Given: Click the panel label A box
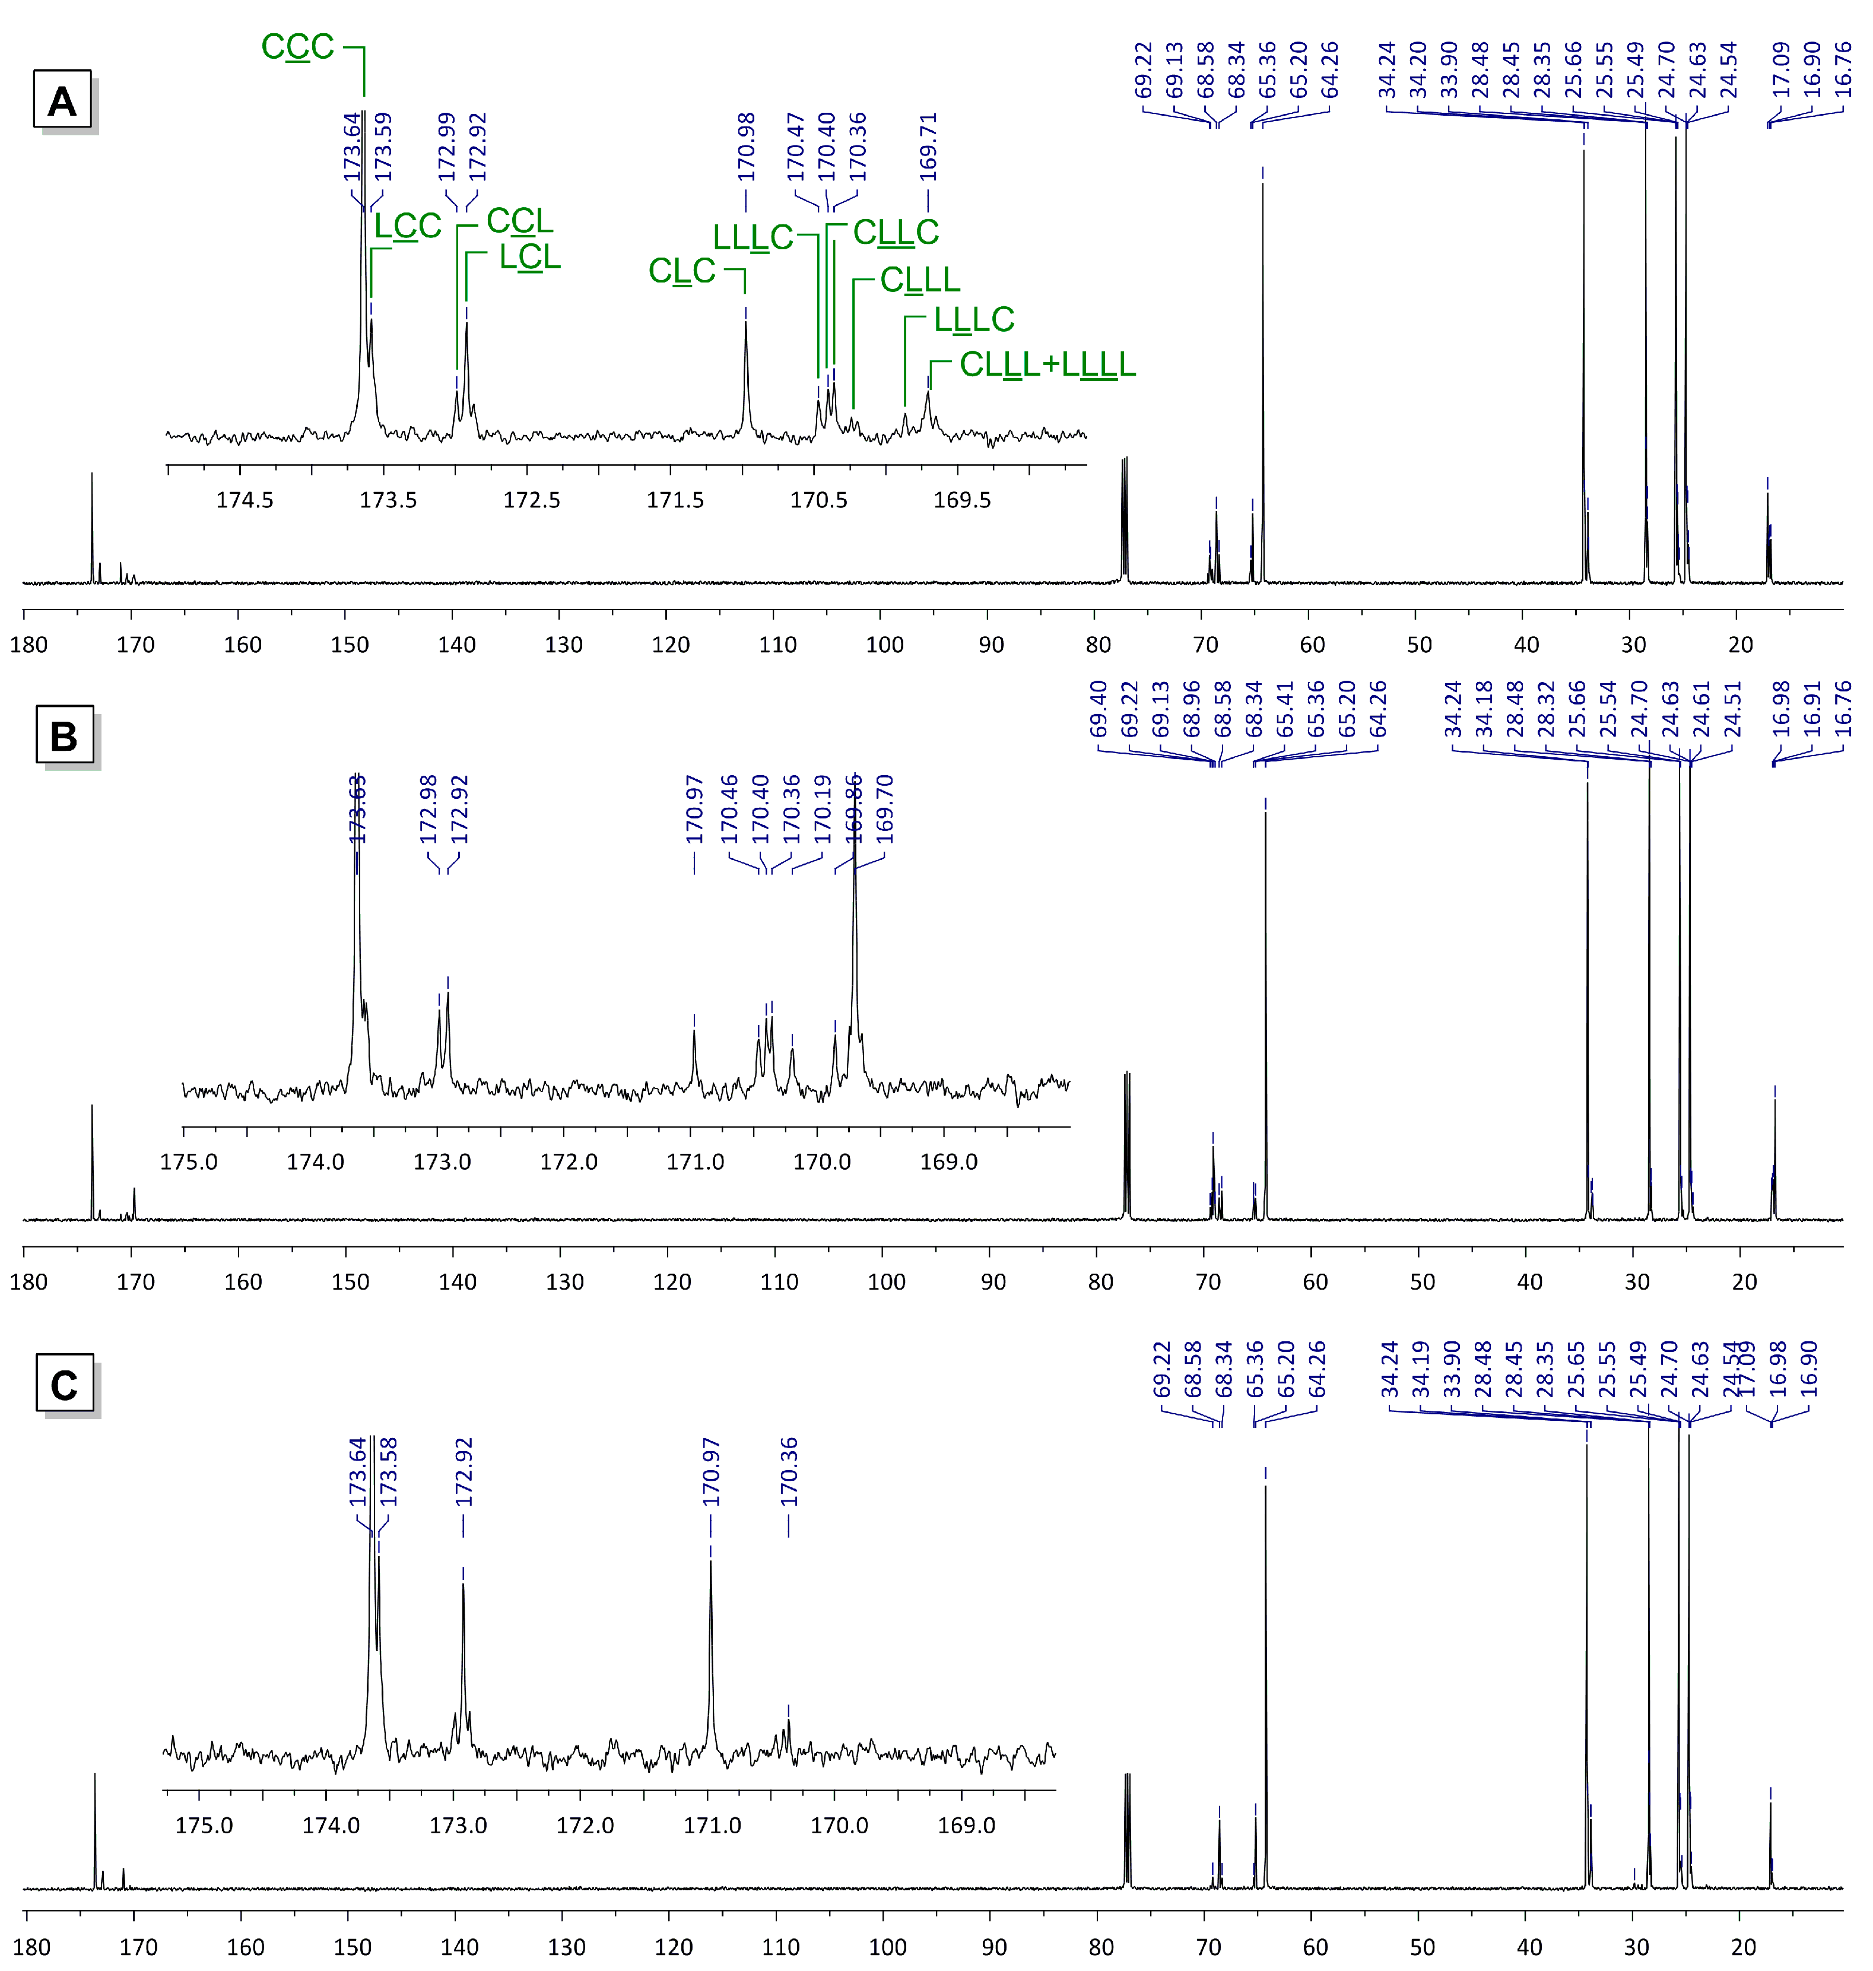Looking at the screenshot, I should [62, 100].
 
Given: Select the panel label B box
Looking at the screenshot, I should [64, 736].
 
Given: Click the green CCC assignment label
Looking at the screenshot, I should [297, 47].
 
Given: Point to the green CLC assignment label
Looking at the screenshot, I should [682, 271].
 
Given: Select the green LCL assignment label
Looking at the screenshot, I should [529, 258].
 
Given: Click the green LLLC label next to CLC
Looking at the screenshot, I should [752, 237].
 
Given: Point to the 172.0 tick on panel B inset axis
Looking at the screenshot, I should [569, 1162].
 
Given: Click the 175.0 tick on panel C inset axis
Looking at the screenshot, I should [204, 1825].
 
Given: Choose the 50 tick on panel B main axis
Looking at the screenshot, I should [1422, 1281].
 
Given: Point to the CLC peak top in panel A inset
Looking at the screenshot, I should [746, 322].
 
